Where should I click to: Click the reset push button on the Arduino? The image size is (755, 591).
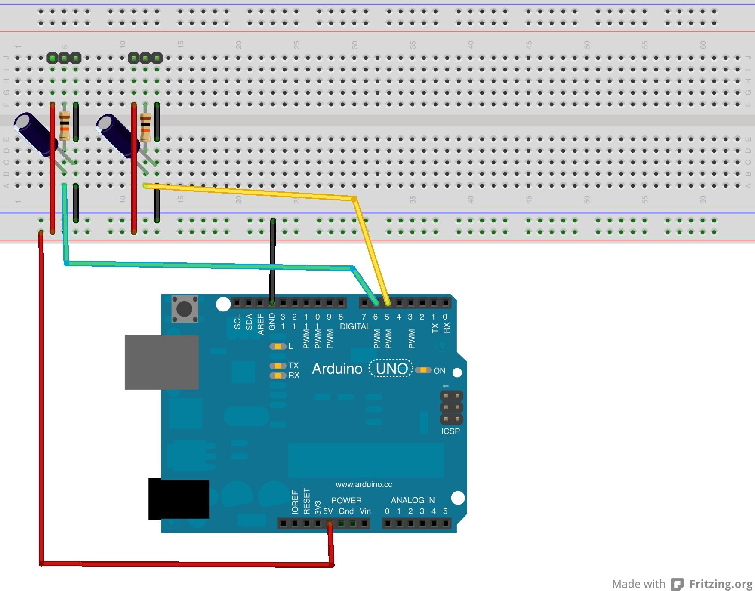point(185,308)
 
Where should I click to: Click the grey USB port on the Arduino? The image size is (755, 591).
point(161,362)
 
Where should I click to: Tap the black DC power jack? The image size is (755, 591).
point(179,499)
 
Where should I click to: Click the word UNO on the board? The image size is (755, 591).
point(391,369)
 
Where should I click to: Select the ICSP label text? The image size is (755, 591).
point(450,431)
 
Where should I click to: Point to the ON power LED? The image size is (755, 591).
point(424,370)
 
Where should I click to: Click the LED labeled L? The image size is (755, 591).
point(278,346)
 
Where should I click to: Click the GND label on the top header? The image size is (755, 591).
point(272,321)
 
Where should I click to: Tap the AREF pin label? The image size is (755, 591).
point(260,324)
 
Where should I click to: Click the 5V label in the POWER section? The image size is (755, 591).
point(328,511)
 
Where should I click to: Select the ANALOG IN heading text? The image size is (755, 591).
point(413,500)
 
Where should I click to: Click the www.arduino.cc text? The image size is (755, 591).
point(364,484)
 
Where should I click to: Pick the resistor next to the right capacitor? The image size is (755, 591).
point(145,127)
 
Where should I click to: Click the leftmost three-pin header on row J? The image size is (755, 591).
point(64,58)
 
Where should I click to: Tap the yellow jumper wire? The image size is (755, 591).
point(258,192)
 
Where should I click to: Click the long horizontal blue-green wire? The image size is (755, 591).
point(206,265)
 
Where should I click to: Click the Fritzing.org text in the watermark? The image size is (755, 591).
point(721,584)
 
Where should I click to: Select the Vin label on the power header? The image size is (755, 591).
point(365,511)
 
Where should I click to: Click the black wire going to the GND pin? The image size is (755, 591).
point(272,258)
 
